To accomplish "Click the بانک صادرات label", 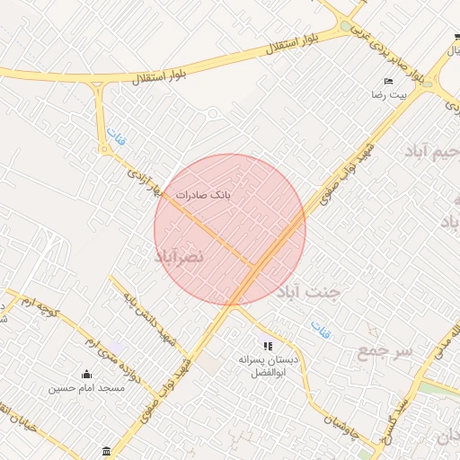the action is [x=202, y=194].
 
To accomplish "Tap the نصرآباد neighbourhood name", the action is [x=180, y=257].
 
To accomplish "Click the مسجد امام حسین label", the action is [x=86, y=388].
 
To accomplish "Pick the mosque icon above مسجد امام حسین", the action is [x=86, y=375].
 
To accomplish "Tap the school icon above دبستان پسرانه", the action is [x=266, y=346].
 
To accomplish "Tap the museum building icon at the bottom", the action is [x=108, y=450].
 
